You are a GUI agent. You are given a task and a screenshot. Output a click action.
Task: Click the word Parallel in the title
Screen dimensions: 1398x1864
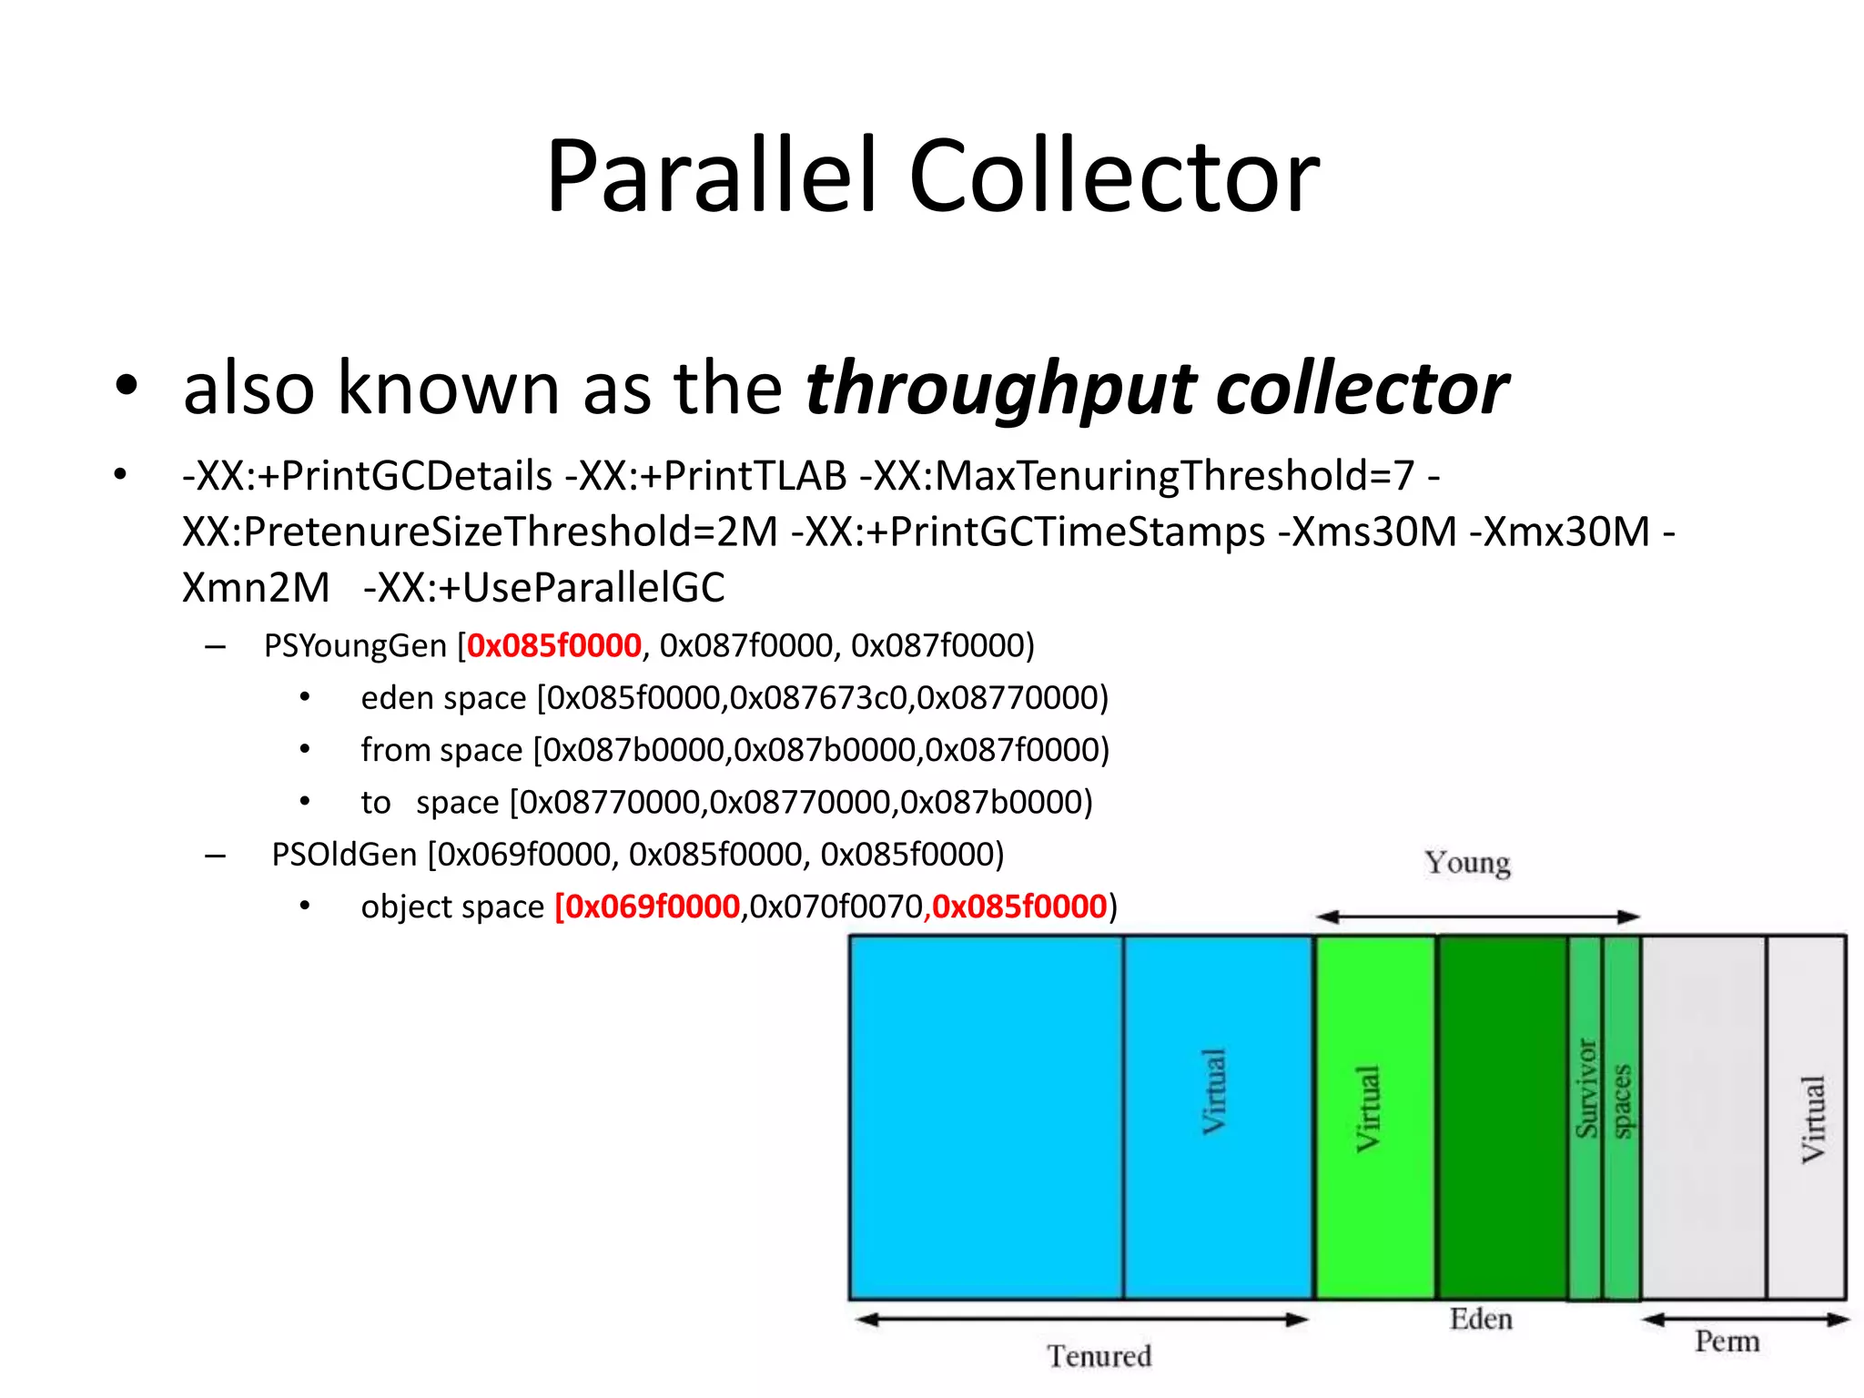711,176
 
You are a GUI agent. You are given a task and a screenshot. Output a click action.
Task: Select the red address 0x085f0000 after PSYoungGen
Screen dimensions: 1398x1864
553,645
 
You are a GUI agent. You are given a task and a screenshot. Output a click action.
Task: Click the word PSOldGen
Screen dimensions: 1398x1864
344,855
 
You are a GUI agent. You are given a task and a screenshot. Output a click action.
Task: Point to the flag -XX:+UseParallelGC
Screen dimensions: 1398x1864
544,587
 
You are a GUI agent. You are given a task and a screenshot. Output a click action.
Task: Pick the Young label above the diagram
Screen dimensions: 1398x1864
1467,862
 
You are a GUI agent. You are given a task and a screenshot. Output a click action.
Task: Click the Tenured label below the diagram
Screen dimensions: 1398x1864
1099,1356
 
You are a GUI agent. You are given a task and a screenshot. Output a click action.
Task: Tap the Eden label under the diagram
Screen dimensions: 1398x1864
1481,1319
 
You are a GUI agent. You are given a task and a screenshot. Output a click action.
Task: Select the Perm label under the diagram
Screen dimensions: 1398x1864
1727,1341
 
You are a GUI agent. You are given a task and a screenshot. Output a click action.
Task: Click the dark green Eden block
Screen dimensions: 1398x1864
1502,1117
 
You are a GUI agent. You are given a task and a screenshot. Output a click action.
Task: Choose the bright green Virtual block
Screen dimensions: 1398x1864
1375,1117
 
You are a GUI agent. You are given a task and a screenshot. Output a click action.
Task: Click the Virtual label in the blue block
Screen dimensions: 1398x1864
1214,1091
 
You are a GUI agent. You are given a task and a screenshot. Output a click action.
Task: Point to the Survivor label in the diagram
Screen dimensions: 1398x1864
1586,1089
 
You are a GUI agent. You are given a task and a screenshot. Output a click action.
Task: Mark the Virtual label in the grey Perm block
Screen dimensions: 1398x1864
1813,1119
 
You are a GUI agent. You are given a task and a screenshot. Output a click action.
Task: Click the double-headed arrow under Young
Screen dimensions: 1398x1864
1477,917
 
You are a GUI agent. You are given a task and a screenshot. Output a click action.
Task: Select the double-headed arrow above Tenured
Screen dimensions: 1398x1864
1081,1319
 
